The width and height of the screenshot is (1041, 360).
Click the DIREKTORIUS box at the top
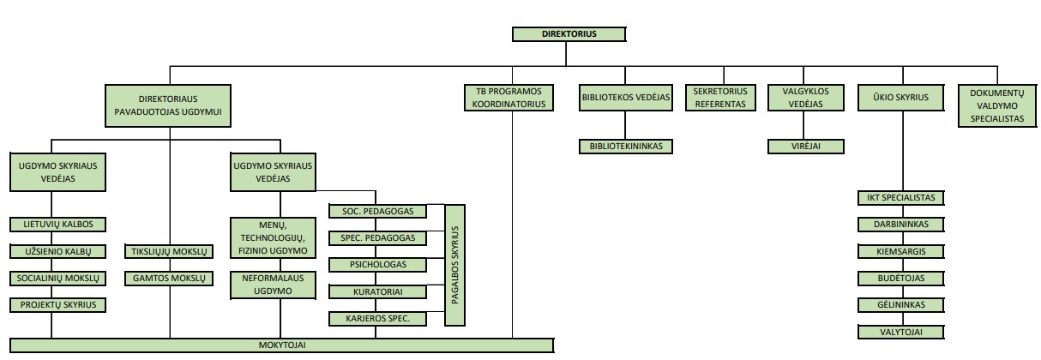[569, 34]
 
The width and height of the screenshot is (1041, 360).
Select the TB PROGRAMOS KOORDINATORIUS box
[510, 98]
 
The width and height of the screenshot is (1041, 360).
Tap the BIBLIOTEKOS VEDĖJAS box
[625, 98]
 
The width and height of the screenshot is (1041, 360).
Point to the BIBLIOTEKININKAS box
[625, 147]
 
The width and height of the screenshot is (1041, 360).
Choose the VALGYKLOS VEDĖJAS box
[804, 98]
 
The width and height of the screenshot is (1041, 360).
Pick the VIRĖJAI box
[804, 147]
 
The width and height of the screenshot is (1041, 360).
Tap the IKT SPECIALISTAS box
[900, 198]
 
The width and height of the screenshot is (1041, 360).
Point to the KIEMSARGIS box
[900, 252]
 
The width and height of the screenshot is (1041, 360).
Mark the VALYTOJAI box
[900, 333]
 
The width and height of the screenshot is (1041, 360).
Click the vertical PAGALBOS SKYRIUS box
[456, 265]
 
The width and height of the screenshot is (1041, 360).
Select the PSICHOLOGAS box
[378, 265]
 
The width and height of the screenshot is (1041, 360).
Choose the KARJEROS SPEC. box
[378, 319]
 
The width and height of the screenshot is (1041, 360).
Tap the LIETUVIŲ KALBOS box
[57, 225]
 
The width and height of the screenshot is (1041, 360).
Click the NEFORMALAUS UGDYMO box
[274, 286]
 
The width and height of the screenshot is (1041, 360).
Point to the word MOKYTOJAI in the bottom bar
[282, 345]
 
